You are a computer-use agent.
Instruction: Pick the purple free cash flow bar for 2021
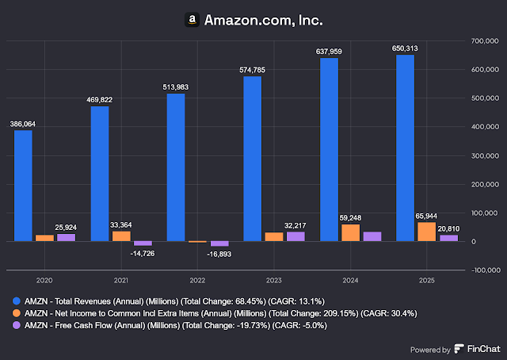pyautogui.click(x=143, y=243)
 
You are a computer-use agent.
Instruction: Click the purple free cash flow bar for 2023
pyautogui.click(x=295, y=236)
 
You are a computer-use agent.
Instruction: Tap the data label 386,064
pyautogui.click(x=22, y=124)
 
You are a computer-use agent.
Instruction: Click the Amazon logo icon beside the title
pyautogui.click(x=191, y=18)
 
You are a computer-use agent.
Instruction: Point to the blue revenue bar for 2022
pyautogui.click(x=176, y=167)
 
